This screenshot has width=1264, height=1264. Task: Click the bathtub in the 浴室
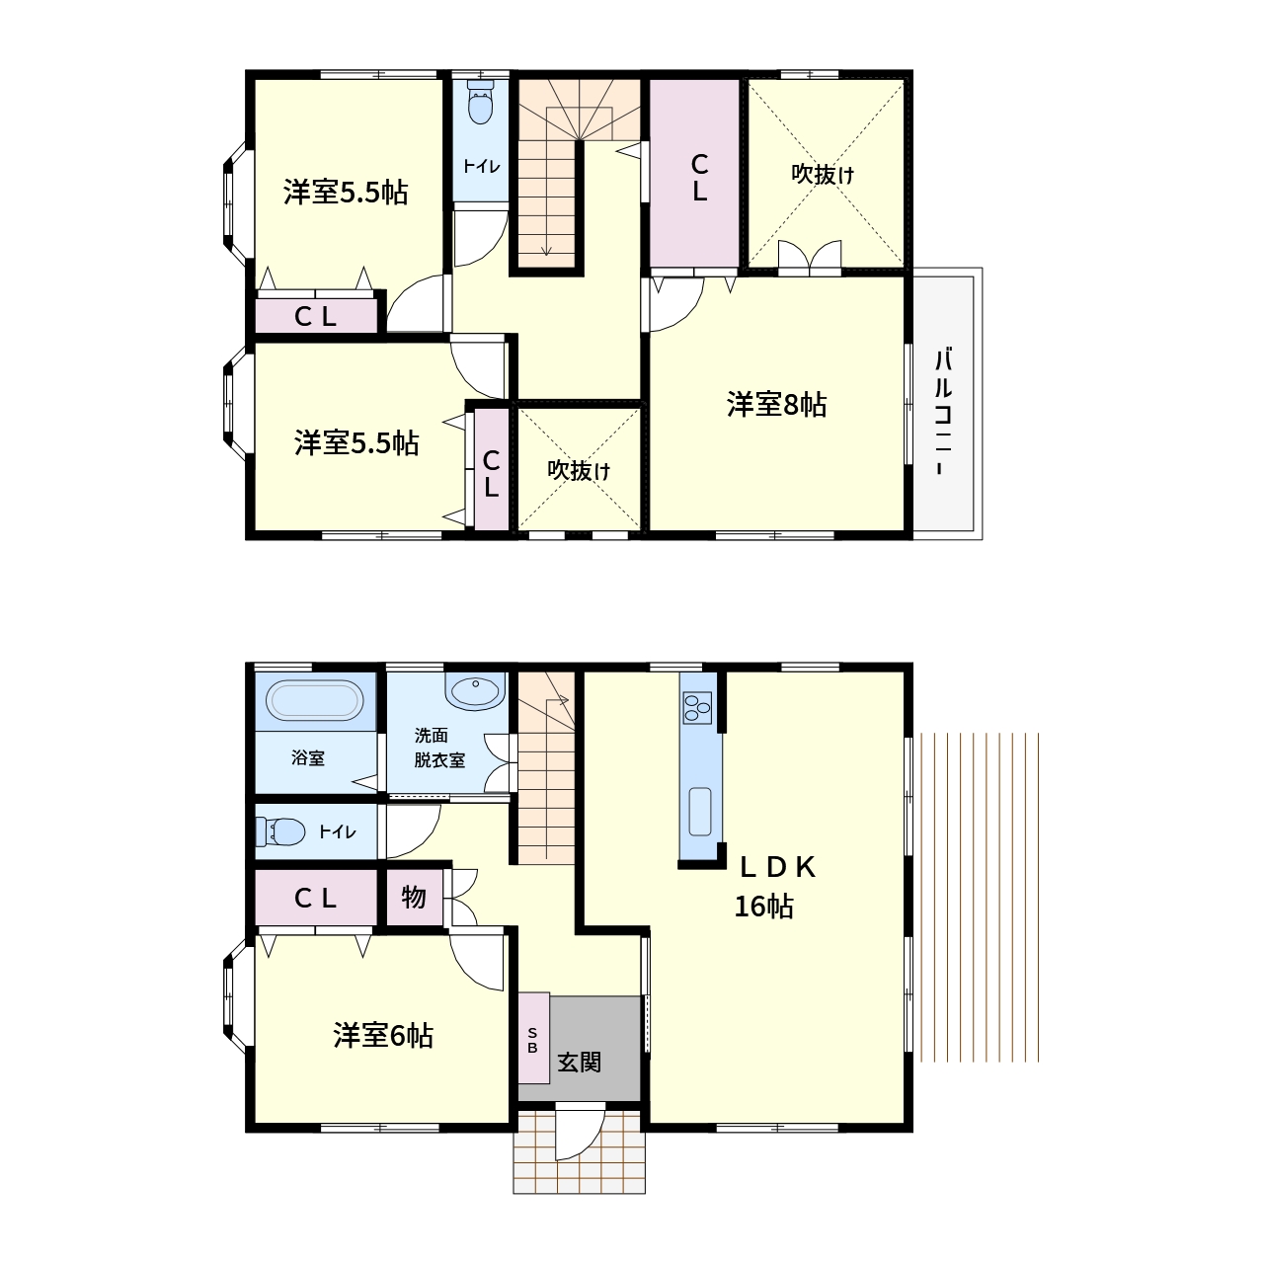coord(316,700)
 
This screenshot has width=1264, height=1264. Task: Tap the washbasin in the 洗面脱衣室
coord(475,691)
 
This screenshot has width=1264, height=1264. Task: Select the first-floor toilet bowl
coord(280,832)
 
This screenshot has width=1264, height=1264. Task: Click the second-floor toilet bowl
coord(482,103)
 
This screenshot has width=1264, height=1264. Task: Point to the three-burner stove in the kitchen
coord(697,707)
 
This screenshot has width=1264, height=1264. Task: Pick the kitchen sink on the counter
coord(700,812)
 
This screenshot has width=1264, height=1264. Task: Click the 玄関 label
coord(580,1063)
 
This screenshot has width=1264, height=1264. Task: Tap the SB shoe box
coord(533,1038)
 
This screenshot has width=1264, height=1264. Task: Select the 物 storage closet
coord(414,897)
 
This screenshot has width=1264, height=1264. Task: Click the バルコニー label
coord(943,412)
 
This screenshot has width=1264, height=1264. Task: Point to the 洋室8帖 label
coord(776,405)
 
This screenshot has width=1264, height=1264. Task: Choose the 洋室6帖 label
coord(383,1036)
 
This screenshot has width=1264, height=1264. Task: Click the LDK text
coord(778,868)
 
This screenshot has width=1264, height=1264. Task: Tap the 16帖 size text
coord(763,907)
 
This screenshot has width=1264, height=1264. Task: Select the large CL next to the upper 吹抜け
coord(694,173)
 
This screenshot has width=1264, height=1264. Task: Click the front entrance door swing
coord(580,1132)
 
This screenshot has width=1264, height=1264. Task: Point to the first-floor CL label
coord(315,898)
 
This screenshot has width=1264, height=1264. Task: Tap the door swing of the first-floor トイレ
coord(413,830)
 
